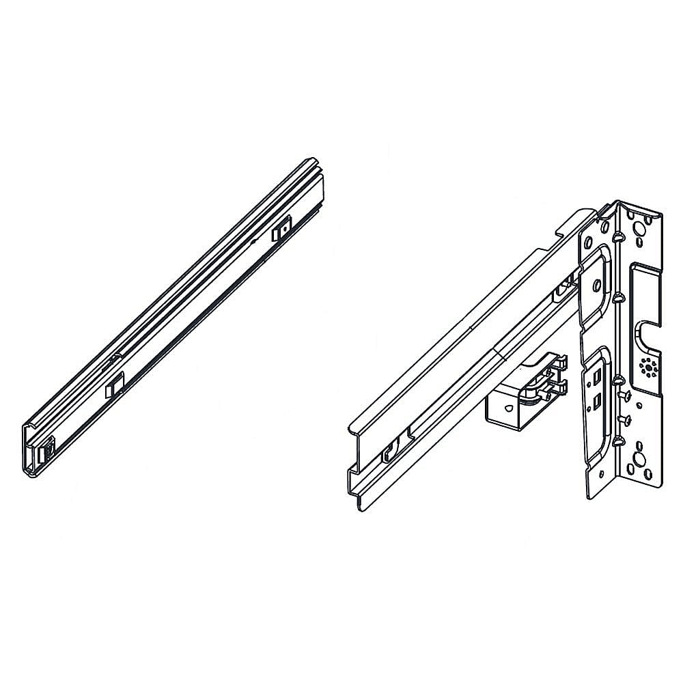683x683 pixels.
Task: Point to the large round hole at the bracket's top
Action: tap(641, 227)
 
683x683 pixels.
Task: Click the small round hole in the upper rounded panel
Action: tap(598, 285)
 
